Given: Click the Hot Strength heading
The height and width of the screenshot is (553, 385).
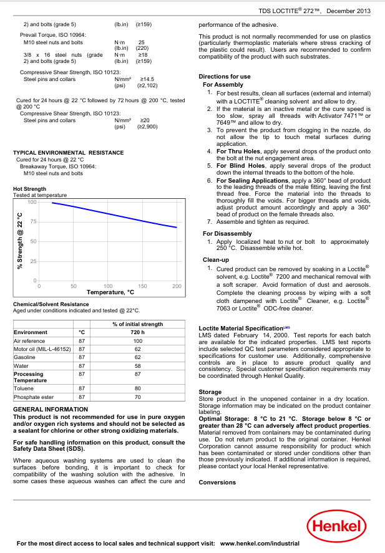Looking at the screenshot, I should point(29,188).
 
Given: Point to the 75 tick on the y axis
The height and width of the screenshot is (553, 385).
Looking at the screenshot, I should point(33,221).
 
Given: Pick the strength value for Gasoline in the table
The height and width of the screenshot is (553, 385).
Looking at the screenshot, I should point(137,358).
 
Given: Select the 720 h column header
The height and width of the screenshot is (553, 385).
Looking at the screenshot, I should point(137,332).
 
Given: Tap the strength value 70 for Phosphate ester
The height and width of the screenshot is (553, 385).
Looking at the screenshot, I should point(137,397).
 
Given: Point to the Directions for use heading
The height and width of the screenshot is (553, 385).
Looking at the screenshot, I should point(224,77).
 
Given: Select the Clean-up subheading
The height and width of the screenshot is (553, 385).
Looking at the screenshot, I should point(216,259).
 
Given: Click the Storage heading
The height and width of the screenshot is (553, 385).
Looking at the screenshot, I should point(210,392).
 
